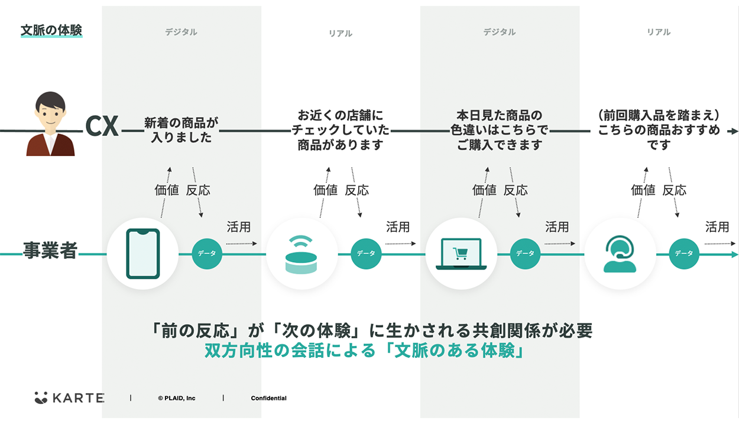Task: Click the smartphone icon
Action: coord(142,254)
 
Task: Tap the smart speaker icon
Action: coord(302,254)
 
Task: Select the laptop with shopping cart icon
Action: coord(461,254)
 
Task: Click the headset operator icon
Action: coord(620,254)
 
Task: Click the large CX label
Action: coord(102,126)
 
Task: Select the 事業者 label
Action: coord(50,250)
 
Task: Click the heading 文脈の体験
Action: coord(51,30)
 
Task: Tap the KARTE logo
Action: coord(70,398)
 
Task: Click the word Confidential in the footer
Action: coord(268,399)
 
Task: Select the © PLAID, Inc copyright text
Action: coord(176,399)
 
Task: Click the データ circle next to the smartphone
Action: coord(207,254)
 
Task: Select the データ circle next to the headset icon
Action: coord(684,254)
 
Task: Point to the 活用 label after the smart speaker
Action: coord(398,227)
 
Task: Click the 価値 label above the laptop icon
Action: coord(484,190)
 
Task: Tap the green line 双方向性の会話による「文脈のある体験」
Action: coord(365,351)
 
